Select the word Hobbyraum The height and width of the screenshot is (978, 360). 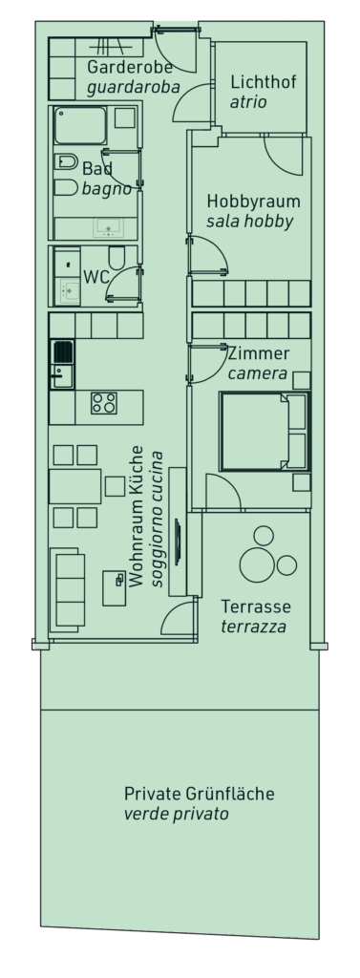253,202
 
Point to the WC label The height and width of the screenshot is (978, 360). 96,277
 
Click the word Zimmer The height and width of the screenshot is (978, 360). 258,354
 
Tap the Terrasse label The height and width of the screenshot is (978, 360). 256,606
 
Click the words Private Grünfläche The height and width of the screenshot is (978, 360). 199,794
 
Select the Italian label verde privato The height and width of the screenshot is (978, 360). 176,814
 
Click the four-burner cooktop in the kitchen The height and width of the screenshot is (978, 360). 103,403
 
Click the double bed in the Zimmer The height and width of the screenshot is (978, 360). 265,431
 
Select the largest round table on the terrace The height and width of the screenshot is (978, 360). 257,564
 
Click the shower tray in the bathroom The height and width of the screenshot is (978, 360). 80,125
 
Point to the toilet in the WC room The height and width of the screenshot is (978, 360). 116,257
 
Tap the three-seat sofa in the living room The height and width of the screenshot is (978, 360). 68,587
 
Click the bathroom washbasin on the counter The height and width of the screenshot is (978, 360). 109,227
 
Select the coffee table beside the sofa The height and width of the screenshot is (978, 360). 115,588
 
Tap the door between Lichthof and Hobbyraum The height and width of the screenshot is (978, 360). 284,156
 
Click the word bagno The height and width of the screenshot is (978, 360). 107,189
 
